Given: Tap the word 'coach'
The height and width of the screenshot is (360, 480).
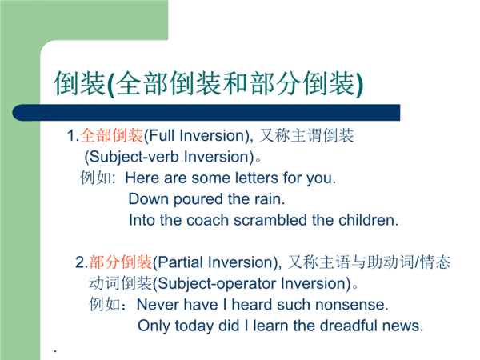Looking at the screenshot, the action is point(207,221).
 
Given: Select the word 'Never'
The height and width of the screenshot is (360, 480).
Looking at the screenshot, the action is point(157,305).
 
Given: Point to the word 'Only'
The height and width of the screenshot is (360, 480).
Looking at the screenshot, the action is point(154,326).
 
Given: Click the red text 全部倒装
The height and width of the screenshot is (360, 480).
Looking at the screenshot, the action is point(112,135).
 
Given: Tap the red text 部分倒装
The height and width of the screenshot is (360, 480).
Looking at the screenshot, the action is point(120,262).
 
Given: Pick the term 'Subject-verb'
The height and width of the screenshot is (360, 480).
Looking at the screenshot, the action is point(134,157).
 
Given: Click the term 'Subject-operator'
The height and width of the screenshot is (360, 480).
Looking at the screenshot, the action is point(217,284).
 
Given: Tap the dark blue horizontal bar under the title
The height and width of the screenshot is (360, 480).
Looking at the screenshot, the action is point(206,113).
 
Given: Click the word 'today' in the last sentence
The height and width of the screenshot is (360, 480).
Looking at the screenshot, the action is point(194,326).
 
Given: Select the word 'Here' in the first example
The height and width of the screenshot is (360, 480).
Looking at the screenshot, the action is point(142,178).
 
